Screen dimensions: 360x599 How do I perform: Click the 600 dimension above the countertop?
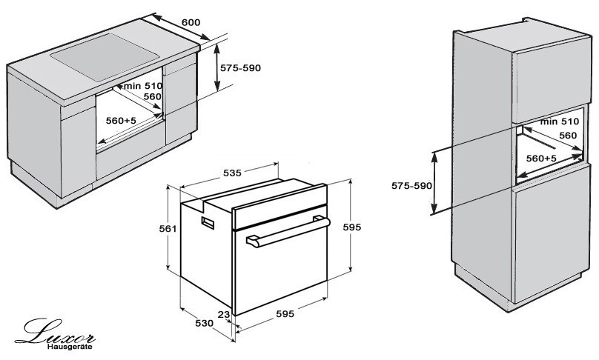point(191,23)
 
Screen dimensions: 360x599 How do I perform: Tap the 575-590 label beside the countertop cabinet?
point(242,67)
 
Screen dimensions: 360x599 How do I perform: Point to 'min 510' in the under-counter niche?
point(143,86)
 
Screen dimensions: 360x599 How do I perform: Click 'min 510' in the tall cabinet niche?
point(559,121)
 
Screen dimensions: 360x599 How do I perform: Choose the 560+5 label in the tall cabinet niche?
point(541,159)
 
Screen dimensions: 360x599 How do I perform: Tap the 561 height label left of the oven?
point(168,229)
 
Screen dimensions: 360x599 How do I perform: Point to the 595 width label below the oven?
point(285,314)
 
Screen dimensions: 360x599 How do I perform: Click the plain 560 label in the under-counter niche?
point(153,97)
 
